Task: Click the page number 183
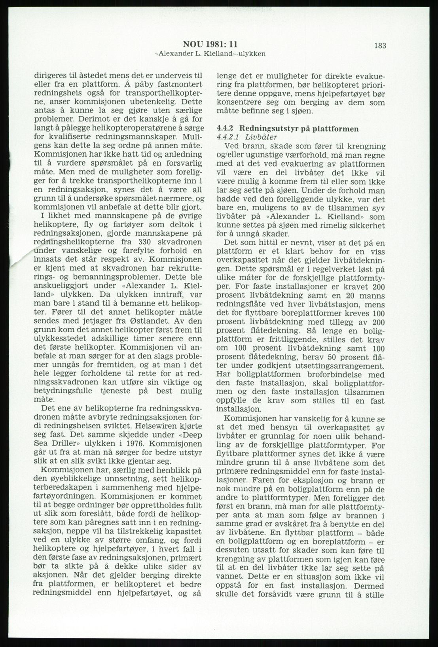click(x=379, y=45)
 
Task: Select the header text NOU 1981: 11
click(x=210, y=45)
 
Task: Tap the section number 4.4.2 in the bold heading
click(x=226, y=129)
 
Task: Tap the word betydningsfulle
click(x=63, y=391)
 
